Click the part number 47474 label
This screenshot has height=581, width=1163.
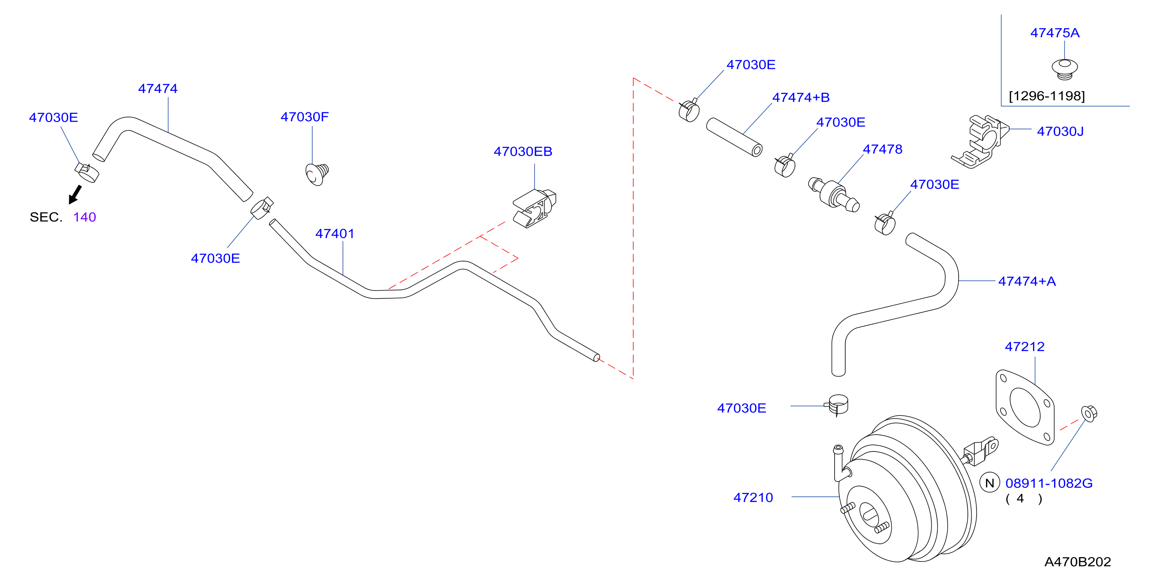158,88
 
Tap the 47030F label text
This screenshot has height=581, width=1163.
305,117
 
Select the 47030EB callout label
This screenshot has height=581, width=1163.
523,151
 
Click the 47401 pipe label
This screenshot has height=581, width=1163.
335,233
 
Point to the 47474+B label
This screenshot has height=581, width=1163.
801,97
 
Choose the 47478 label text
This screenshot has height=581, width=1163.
883,149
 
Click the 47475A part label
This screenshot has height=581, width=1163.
1055,32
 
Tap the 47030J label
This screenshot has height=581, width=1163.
1060,132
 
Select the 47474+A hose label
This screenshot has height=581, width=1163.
1027,281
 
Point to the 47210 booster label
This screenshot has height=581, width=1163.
753,498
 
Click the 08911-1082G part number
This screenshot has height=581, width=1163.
1049,483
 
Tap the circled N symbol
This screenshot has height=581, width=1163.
990,483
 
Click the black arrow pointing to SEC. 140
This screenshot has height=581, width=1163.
75,195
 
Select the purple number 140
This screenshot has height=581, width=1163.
85,217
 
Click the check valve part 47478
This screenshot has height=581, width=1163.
833,193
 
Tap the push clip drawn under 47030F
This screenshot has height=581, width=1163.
317,174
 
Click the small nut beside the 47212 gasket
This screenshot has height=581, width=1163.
1089,413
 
